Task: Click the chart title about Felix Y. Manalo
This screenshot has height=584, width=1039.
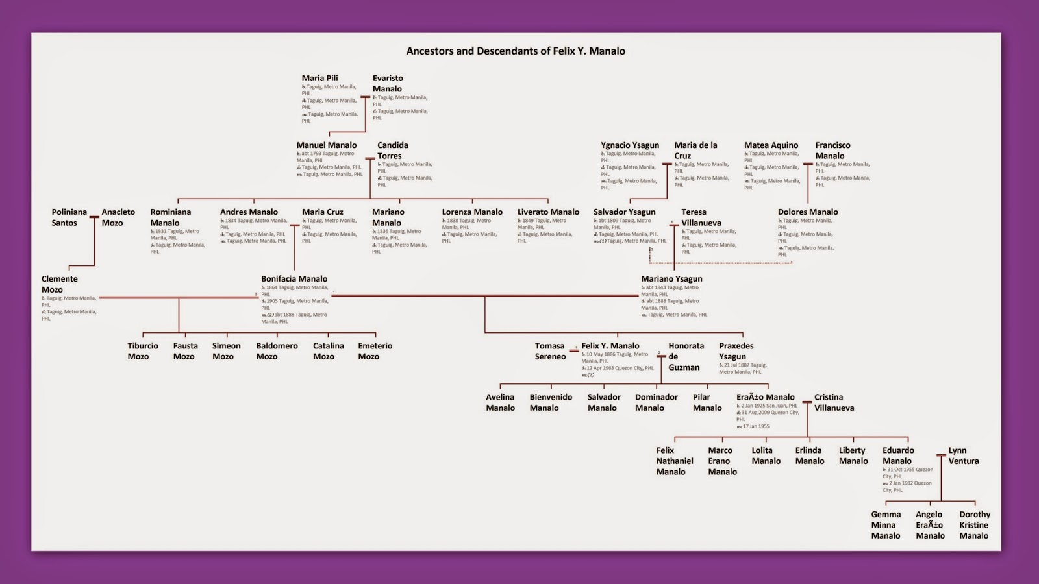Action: point(516,51)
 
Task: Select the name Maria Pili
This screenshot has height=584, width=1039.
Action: point(319,78)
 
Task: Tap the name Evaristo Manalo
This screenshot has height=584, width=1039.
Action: point(388,83)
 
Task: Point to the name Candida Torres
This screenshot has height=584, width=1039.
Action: point(392,151)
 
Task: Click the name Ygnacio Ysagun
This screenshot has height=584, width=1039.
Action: point(629,145)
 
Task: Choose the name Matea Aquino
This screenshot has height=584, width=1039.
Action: point(771,145)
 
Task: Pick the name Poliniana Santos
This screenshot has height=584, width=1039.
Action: point(69,217)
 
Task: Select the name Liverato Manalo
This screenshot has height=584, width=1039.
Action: point(548,212)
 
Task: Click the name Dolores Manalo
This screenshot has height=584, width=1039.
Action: point(808,212)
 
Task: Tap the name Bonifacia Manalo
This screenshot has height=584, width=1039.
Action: point(294,279)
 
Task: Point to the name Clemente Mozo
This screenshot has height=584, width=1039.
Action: point(59,284)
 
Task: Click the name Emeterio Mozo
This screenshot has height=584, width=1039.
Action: point(375,351)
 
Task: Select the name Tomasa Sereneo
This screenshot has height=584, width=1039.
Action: point(549,351)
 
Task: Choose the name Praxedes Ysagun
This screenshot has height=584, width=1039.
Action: point(736,351)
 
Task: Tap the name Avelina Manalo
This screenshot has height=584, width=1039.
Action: point(500,402)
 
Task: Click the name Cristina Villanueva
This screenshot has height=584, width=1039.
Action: point(834,402)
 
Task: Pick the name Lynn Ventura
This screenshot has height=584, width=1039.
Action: point(963,456)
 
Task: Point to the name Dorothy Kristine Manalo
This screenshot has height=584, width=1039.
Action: point(974,525)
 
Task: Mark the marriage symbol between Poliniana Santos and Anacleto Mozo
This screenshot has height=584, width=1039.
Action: point(94,217)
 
